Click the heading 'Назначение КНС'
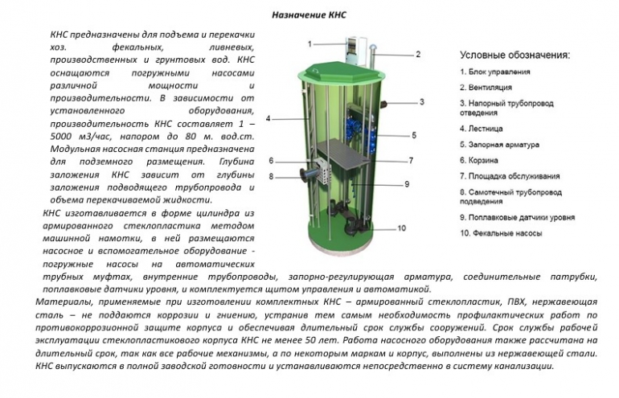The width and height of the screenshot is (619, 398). (309, 15)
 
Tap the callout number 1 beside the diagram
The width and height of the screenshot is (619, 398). (309, 44)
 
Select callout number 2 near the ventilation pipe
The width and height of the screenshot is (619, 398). (418, 54)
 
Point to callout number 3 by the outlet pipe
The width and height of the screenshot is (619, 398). (421, 102)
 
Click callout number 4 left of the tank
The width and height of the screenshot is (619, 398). (268, 118)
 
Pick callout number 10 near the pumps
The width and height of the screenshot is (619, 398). (401, 228)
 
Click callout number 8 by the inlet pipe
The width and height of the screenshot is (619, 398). (271, 177)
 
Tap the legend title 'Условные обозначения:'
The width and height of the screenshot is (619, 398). (515, 55)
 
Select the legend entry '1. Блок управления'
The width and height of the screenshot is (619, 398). (495, 72)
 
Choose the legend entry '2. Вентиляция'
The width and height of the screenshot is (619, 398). (486, 88)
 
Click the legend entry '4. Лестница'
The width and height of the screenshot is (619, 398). (482, 129)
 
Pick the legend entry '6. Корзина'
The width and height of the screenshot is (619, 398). (479, 160)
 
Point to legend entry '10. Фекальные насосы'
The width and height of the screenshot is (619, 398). (501, 233)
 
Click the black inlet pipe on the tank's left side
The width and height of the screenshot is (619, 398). (308, 174)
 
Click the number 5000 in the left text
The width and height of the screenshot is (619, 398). (60, 137)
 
